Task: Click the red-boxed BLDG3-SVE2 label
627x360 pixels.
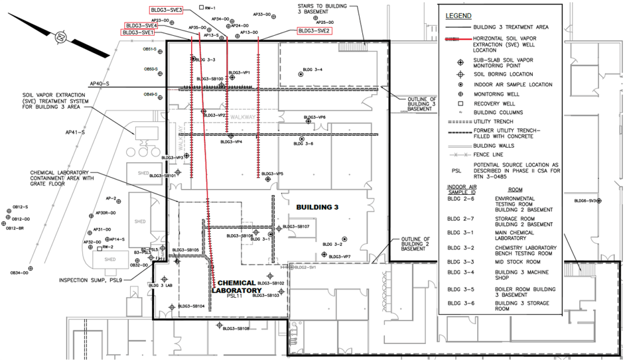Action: point(314,30)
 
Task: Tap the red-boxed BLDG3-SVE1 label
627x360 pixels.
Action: point(138,32)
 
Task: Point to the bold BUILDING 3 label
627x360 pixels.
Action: point(317,208)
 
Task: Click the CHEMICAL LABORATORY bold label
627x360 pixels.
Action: point(237,286)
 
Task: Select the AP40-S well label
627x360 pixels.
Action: point(99,84)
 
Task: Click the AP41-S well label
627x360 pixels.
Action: point(75,133)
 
